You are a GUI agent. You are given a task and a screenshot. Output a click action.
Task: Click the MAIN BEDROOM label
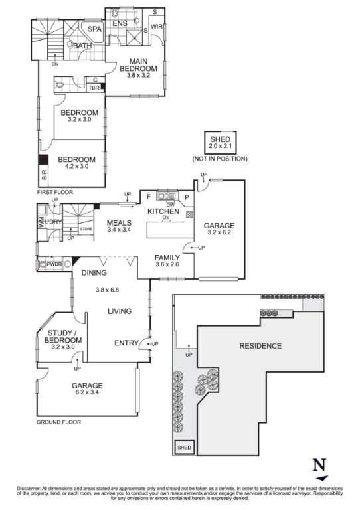point(138,65)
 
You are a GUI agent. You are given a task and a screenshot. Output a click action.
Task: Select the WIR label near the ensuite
point(157,27)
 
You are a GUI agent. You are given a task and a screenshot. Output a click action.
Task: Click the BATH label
point(83,46)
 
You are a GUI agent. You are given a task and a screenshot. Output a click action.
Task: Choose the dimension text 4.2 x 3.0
point(76,168)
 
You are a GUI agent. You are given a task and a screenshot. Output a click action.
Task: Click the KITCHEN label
point(164,211)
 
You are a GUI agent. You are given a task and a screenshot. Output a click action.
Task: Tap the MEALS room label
point(120,224)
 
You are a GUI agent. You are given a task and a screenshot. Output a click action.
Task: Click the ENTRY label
point(126,343)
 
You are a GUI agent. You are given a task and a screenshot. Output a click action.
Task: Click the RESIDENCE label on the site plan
point(260,346)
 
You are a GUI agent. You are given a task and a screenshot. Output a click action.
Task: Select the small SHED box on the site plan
point(183,449)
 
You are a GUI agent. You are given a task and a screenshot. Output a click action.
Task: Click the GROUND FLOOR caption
point(58,422)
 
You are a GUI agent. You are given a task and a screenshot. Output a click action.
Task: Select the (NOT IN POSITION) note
point(220,159)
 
